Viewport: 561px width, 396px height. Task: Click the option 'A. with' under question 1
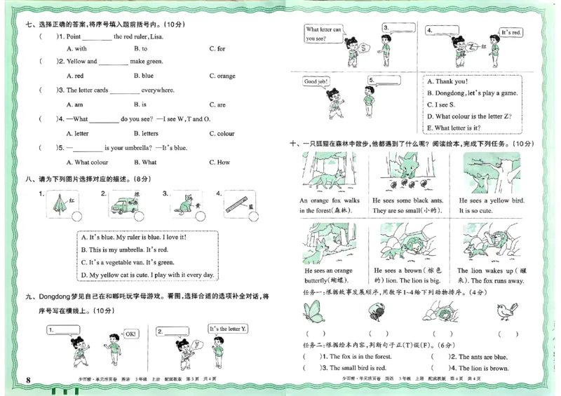point(76,48)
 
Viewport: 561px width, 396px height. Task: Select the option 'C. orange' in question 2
point(222,76)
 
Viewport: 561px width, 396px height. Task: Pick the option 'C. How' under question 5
point(219,162)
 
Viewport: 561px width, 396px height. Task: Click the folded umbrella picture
point(57,205)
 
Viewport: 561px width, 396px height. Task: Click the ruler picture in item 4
point(240,205)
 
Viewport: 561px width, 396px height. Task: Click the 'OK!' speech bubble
point(130,334)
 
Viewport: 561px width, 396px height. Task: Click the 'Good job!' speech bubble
point(316,82)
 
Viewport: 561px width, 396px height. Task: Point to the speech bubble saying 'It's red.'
point(511,32)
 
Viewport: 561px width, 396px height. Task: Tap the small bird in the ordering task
point(506,310)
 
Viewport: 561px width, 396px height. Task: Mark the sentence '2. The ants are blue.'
point(473,357)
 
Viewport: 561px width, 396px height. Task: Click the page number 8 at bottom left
point(28,380)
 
